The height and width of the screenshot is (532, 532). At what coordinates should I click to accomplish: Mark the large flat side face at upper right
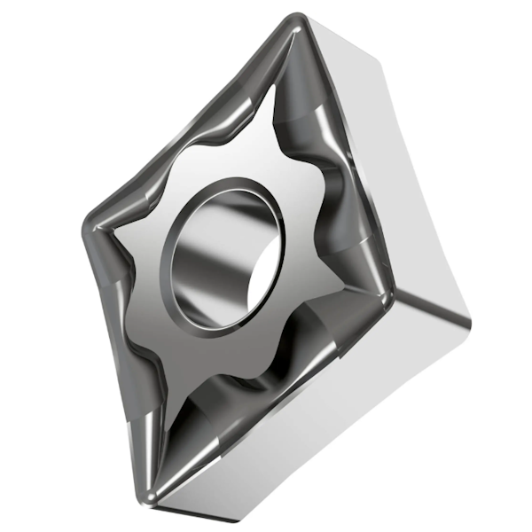[417, 168]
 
